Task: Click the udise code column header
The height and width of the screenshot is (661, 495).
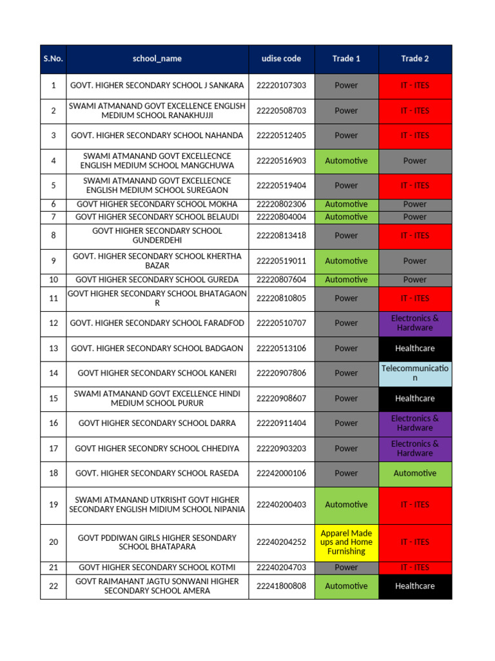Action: point(282,59)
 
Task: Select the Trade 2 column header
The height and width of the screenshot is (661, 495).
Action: point(415,59)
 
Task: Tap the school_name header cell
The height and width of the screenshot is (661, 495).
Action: point(157,59)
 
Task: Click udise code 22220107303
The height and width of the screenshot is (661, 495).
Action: point(282,85)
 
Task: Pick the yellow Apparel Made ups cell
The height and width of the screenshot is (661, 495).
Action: point(346,542)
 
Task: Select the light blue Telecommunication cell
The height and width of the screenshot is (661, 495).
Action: point(415,373)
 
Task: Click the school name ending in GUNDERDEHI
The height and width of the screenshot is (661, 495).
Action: point(157,236)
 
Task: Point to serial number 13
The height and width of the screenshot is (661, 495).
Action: point(53,349)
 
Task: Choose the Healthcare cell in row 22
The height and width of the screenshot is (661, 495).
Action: point(415,586)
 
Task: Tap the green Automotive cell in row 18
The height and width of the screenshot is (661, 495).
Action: point(415,473)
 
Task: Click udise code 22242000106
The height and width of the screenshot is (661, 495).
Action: point(282,473)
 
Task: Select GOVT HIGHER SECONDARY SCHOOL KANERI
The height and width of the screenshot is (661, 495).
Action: point(157,373)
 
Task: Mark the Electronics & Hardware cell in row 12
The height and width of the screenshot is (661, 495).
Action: point(415,323)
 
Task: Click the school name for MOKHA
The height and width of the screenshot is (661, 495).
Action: point(157,204)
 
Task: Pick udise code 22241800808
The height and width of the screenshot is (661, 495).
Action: point(282,586)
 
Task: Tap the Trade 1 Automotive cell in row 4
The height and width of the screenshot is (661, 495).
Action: point(346,161)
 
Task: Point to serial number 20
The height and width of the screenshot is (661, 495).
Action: point(53,542)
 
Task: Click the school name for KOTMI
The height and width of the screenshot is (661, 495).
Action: point(157,567)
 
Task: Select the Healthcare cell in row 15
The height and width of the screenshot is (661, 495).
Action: point(415,398)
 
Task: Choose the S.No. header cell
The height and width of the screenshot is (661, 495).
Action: point(53,59)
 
